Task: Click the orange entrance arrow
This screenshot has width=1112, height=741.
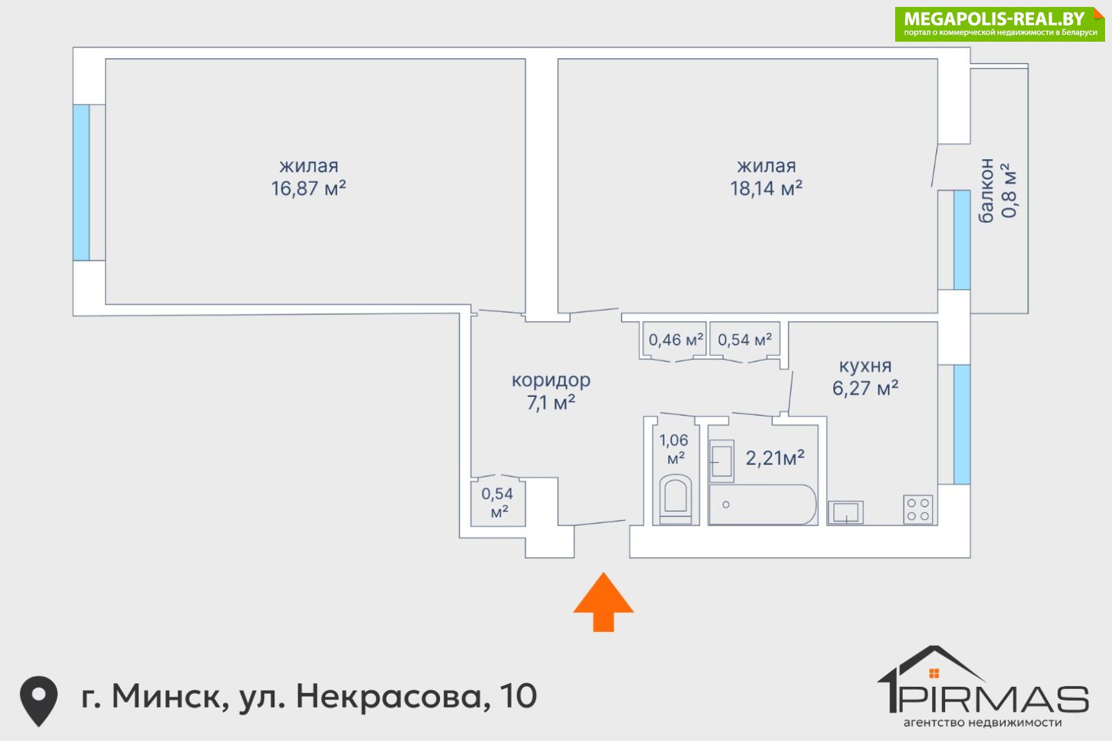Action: coord(603,601)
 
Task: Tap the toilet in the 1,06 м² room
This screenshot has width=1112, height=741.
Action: coord(675,499)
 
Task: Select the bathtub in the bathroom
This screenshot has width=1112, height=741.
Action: coord(762,505)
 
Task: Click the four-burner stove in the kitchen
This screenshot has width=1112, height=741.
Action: coord(918,510)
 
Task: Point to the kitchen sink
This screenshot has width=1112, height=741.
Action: coord(845,512)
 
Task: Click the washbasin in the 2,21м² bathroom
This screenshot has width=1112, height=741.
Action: coord(721,461)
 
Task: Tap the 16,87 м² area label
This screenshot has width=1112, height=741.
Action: coord(309,189)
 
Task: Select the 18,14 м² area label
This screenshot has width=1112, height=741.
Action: coord(766,189)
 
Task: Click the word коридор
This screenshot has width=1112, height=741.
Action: coord(551,380)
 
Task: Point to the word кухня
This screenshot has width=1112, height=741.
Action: coord(865,366)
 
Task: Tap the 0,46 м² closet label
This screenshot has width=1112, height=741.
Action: coord(676,340)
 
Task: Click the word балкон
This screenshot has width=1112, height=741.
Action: coord(986,190)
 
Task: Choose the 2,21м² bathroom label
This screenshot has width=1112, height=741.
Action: coord(775,458)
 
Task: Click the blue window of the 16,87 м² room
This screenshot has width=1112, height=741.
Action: coord(81,182)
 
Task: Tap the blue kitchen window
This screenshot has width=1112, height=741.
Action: coord(962,425)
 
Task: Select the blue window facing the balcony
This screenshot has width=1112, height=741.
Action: coord(962,240)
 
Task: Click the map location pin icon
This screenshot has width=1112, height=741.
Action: coord(39,701)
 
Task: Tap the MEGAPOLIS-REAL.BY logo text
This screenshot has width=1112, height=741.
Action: coord(994,19)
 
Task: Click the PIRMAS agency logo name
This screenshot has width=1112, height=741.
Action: coord(994,699)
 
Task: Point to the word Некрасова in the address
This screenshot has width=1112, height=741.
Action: coord(389,697)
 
